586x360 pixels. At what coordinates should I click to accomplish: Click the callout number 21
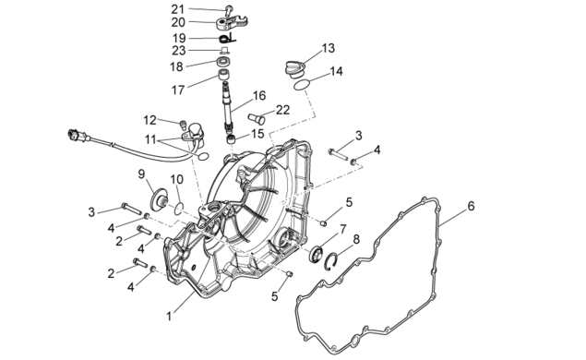click(177, 8)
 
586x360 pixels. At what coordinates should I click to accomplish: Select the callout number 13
click(328, 48)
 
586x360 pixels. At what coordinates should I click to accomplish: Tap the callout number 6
click(471, 206)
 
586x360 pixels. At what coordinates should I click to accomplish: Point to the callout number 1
click(169, 317)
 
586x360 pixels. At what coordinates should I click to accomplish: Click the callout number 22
click(283, 110)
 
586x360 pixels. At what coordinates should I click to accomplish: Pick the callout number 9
click(141, 174)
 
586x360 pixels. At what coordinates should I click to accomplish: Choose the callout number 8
click(356, 239)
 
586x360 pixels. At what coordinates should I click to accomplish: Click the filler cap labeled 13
click(295, 69)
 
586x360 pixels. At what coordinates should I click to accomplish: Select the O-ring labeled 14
click(301, 85)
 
